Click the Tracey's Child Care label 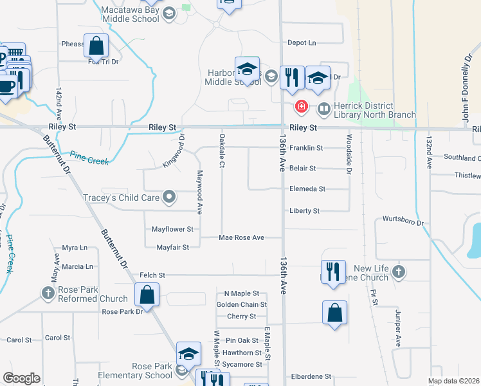(121, 198)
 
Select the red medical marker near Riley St (300, 106)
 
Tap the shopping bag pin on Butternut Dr (147, 295)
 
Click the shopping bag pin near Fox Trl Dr (96, 46)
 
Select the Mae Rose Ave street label (241, 238)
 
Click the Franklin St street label (305, 148)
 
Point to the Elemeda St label (307, 189)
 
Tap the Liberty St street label (304, 211)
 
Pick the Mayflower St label (172, 229)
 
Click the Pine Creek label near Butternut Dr (89, 158)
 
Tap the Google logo (21, 378)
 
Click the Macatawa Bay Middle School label (131, 14)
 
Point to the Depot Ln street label (302, 42)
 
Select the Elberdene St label (311, 376)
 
